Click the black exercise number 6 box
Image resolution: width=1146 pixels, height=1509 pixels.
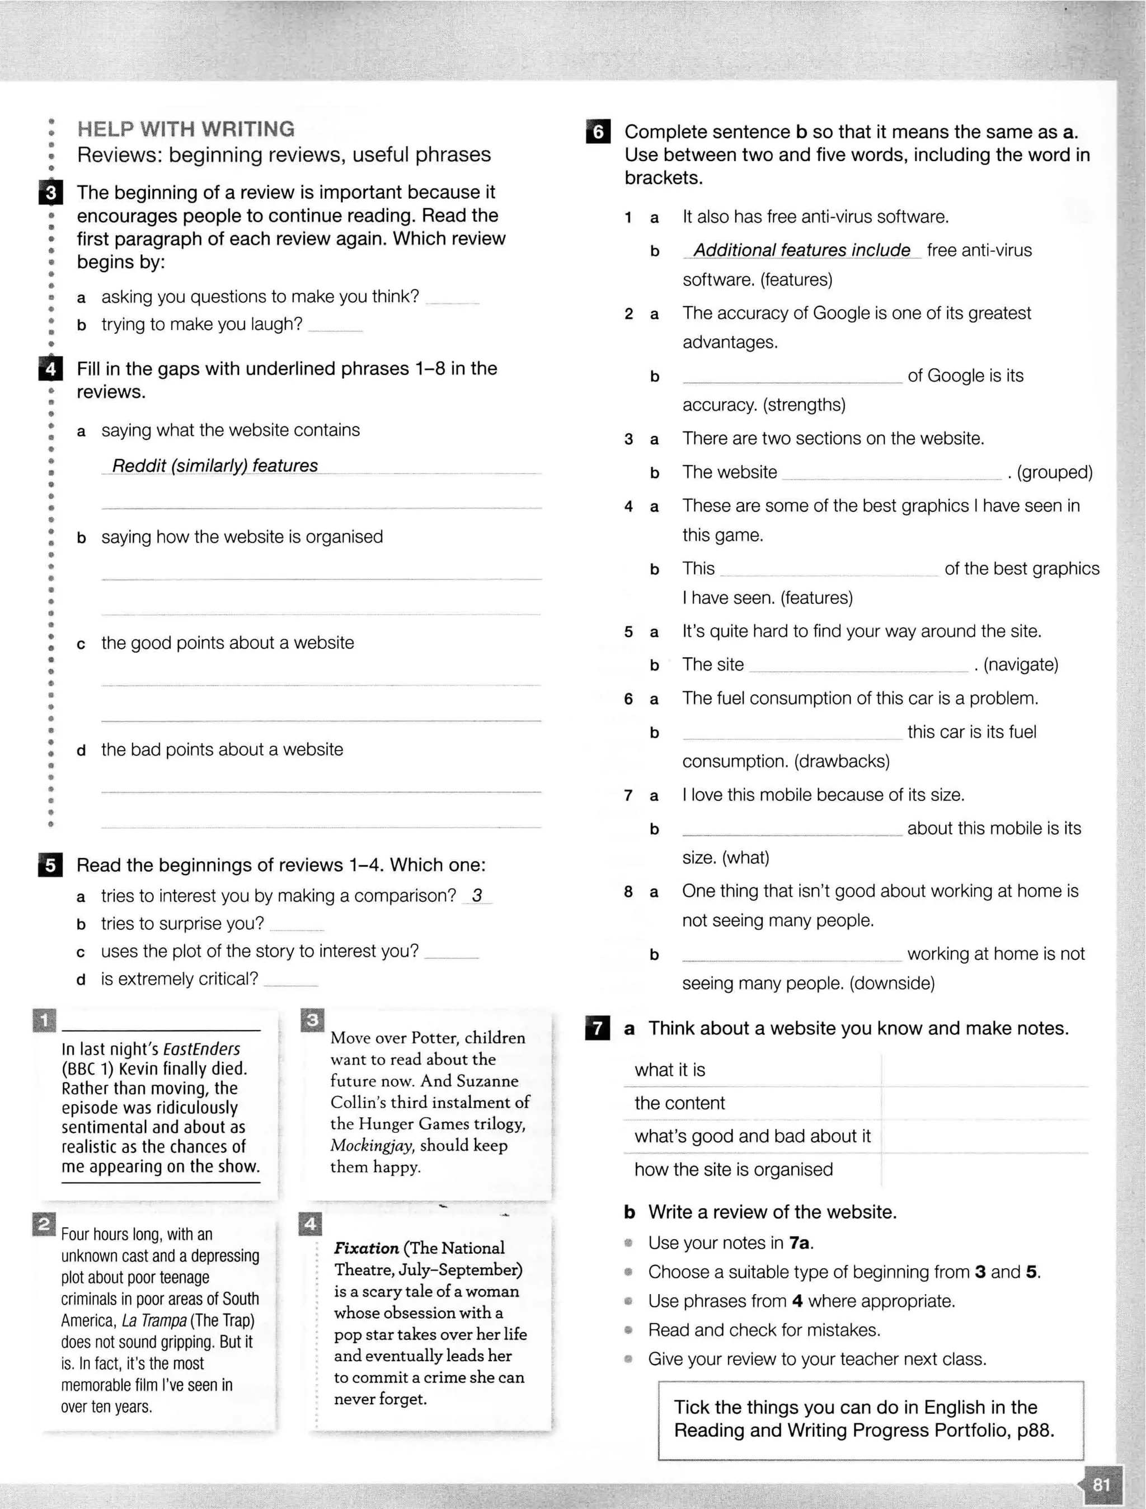point(598,132)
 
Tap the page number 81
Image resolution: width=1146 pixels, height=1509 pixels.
point(1101,1484)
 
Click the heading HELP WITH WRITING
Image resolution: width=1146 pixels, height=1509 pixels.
point(186,129)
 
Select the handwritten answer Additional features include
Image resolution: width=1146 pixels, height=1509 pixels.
point(801,250)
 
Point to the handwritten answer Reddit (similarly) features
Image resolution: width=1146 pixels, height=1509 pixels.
point(215,466)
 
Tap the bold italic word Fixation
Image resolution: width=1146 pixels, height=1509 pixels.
point(367,1248)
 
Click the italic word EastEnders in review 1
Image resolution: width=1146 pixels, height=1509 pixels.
point(201,1049)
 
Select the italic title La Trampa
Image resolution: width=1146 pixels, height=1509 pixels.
point(154,1321)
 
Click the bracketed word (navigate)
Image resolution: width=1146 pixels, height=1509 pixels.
point(1021,664)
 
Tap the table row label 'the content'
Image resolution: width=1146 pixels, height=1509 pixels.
point(679,1103)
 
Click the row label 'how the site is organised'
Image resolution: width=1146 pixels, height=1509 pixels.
point(733,1169)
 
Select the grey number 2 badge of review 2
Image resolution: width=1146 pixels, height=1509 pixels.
point(43,1225)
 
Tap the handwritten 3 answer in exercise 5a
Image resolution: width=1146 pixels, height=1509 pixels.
point(477,896)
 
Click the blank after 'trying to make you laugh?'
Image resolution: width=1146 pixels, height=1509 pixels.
point(335,325)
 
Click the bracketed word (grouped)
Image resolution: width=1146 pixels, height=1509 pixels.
point(1055,473)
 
